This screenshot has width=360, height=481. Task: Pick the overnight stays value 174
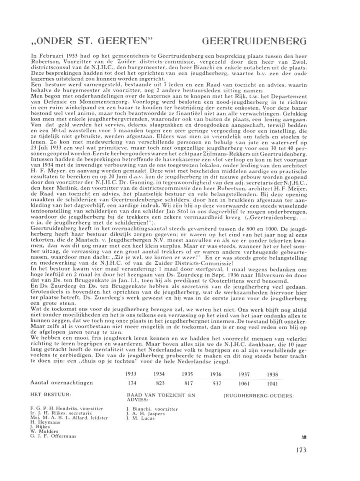pos(131,383)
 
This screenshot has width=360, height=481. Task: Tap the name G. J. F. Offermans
pos(54,436)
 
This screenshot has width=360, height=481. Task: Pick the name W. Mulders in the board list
pos(42,432)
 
